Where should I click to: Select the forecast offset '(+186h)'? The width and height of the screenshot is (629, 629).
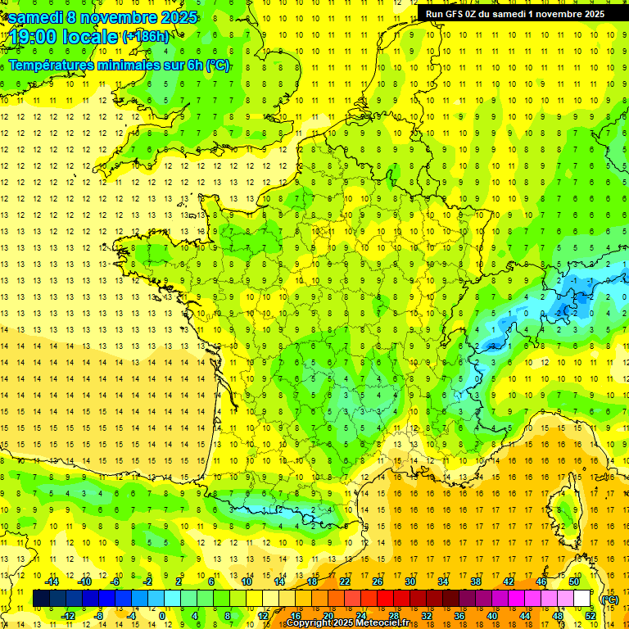[x=146, y=37]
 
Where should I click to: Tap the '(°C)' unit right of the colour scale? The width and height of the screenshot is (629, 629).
[x=609, y=600]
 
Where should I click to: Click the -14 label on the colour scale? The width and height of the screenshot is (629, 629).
[x=52, y=581]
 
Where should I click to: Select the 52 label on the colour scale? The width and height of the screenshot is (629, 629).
[x=590, y=616]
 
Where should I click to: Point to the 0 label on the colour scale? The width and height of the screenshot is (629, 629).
[x=162, y=616]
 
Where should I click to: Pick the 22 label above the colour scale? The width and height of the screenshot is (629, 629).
[x=344, y=581]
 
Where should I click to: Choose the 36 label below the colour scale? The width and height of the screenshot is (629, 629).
[x=459, y=616]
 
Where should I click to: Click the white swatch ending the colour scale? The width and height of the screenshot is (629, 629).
[x=582, y=599]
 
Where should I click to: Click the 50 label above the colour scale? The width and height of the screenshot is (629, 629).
[x=573, y=581]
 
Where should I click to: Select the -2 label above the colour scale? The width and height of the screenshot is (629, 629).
[x=147, y=581]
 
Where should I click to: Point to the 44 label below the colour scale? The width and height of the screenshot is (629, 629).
[x=524, y=616]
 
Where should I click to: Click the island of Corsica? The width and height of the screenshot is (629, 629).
[x=563, y=508]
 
